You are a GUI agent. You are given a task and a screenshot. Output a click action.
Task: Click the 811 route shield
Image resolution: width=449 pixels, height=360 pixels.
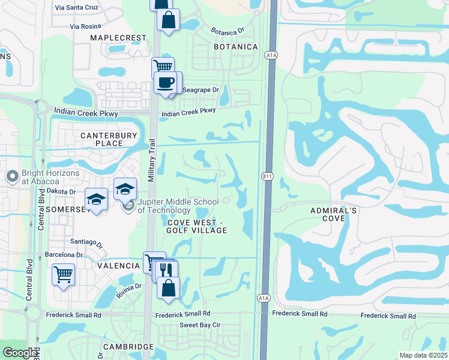[267, 176]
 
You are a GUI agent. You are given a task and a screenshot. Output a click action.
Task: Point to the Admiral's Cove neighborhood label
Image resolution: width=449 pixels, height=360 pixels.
[334, 214]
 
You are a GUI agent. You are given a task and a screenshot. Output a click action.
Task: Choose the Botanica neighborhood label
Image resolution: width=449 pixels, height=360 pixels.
[236, 47]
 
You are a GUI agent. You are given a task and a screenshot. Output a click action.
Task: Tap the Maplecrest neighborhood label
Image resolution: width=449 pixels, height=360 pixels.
[118, 38]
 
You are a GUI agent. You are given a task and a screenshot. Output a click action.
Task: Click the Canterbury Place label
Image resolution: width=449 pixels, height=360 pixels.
[109, 139]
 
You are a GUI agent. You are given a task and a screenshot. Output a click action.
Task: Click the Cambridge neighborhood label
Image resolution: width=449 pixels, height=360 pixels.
[128, 347]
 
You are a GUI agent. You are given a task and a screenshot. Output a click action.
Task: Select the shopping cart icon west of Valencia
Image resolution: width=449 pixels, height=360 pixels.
[63, 275]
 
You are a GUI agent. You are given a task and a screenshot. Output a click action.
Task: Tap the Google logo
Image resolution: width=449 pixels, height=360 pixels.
[19, 353]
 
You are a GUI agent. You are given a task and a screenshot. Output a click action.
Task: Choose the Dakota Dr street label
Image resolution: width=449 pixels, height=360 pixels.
[59, 191]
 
